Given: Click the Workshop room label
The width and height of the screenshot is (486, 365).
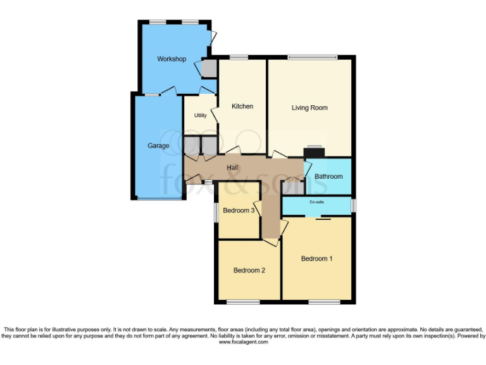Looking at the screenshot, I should point(171,59).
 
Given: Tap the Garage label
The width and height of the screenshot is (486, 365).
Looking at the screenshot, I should point(158,146).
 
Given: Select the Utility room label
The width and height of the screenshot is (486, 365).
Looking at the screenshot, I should point(201,115).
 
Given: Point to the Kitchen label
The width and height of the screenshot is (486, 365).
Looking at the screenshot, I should point(242,106).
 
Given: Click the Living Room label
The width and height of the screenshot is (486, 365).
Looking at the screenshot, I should point(309,108).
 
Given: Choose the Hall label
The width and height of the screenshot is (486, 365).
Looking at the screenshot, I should point(233,167).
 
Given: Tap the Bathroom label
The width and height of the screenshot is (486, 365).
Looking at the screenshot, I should point(328,176).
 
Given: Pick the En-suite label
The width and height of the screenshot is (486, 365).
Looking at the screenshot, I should point(316,202).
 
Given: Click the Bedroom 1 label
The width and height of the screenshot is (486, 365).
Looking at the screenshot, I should point(316,259).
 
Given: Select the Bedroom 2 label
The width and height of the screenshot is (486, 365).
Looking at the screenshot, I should point(249,270).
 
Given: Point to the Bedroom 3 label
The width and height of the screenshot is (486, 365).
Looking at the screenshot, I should point(239,210).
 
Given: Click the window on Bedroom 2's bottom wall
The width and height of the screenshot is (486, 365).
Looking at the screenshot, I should point(243,301).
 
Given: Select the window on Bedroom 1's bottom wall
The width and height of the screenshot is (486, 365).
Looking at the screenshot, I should point(323,301).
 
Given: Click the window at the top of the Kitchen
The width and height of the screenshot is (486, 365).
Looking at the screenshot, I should point(239,58).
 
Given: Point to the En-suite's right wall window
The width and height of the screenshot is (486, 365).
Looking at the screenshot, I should point(353,205).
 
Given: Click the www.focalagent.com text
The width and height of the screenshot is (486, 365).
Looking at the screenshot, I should point(243,342).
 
